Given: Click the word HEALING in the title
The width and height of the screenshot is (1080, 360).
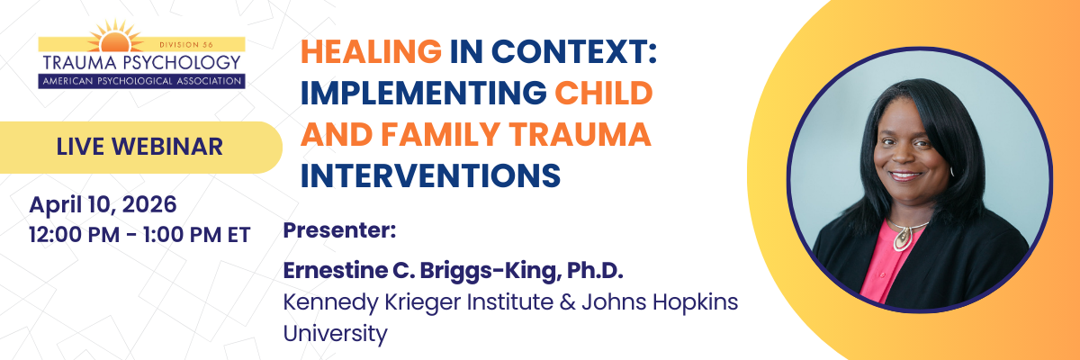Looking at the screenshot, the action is point(371,51).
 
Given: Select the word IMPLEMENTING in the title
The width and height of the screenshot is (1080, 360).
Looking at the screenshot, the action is point(423,93).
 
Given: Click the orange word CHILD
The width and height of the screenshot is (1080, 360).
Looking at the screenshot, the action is point(604,93).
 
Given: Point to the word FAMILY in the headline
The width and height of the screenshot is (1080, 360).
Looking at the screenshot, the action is point(440,134).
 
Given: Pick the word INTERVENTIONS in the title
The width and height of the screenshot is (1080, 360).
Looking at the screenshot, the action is point(430,175).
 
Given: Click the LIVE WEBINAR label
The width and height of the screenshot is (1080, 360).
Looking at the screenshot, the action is point(139,147).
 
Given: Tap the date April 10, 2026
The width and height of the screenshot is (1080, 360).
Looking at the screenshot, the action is point(103,205).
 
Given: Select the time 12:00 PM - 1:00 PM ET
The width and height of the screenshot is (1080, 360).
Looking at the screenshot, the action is point(139,235).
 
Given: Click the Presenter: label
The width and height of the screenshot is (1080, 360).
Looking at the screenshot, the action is point(339,229).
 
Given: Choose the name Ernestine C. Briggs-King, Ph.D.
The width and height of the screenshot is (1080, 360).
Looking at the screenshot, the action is point(454,271).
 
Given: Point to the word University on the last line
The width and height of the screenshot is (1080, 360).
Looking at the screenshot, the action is point(335,334).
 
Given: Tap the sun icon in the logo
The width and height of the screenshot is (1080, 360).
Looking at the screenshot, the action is point(115,37).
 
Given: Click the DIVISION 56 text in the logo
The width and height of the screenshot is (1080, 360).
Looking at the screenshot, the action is point(186,45).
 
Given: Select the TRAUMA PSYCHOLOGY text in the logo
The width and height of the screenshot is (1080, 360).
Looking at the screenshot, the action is point(141,63).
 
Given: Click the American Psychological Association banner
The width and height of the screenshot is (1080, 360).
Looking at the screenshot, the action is point(142,81).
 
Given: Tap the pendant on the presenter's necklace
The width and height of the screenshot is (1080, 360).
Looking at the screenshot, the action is point(902,238).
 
